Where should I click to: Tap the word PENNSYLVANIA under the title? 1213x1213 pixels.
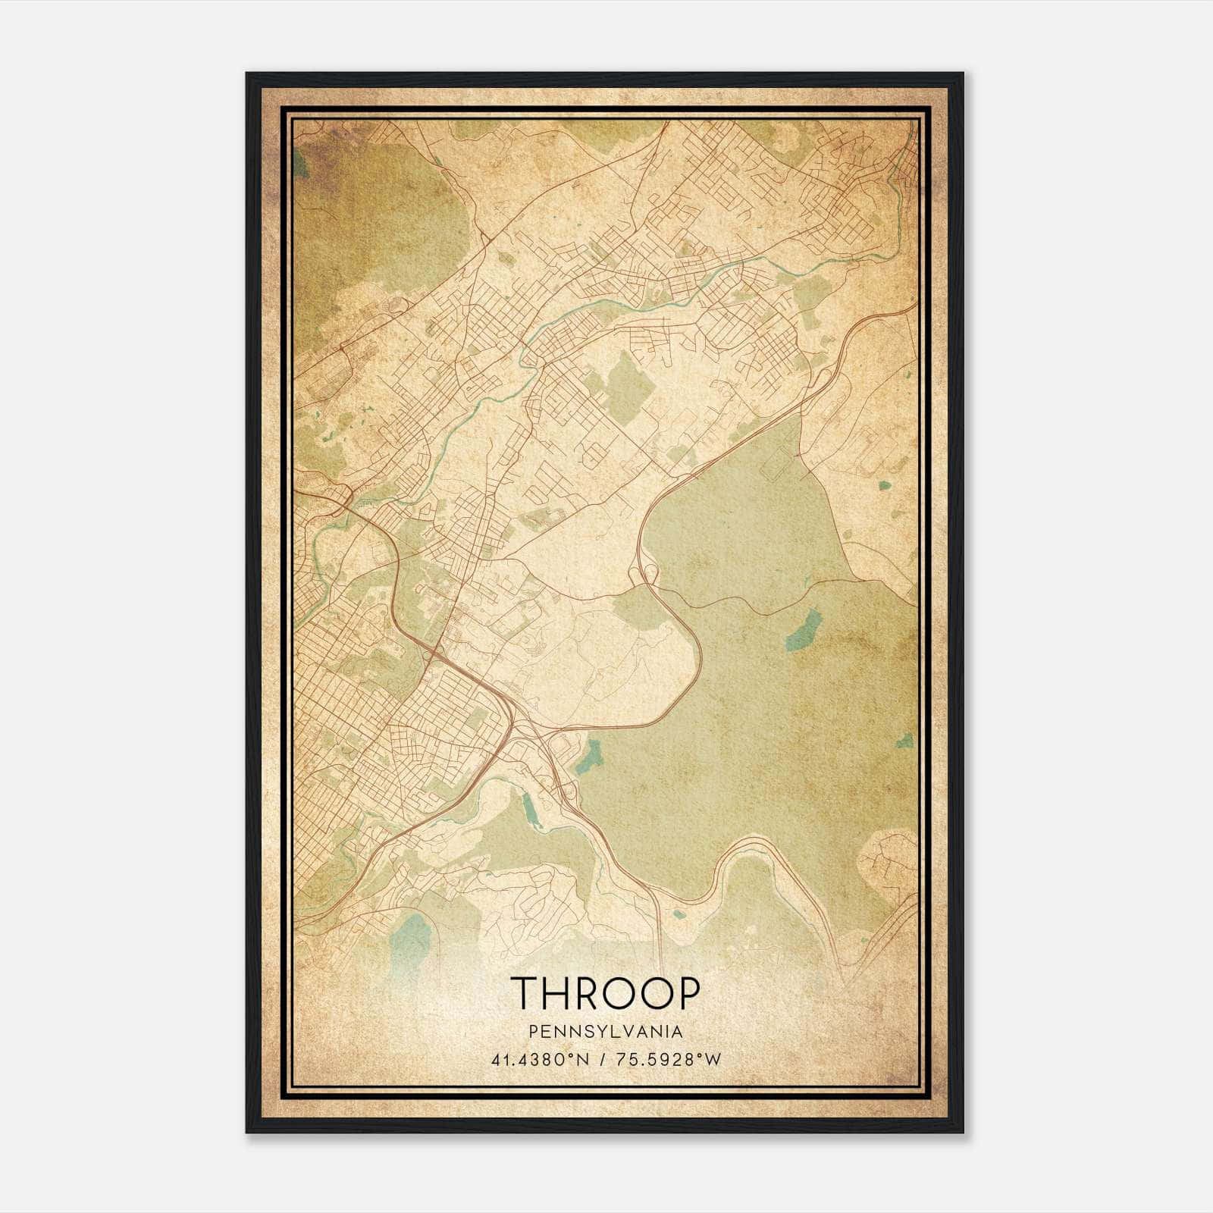(606, 1031)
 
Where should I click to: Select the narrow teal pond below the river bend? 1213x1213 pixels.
(530, 811)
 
